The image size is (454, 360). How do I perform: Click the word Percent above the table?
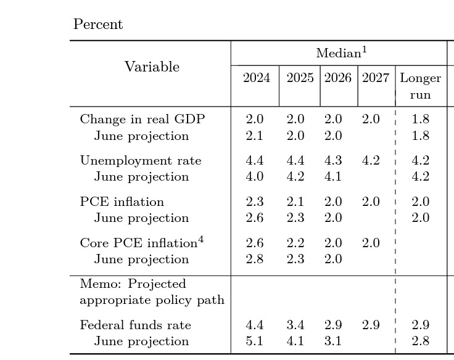[x=98, y=25]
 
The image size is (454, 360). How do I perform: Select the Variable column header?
[x=152, y=67]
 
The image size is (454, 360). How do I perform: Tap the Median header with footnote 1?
[x=341, y=53]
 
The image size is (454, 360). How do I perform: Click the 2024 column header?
[x=256, y=78]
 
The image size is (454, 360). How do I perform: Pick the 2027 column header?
[x=375, y=78]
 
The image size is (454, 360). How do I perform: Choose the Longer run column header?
[x=420, y=86]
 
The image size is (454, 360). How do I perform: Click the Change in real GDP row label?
[x=142, y=119]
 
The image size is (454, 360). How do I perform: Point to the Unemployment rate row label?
[x=141, y=160]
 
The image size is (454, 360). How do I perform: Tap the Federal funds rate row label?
[x=135, y=325]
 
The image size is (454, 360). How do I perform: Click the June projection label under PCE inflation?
[x=141, y=218]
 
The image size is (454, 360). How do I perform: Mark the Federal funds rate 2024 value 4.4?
[x=255, y=325]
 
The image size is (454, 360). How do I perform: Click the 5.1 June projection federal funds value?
[x=255, y=341]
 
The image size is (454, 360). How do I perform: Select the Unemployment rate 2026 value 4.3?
[x=333, y=160]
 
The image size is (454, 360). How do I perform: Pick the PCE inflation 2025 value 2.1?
[x=295, y=202]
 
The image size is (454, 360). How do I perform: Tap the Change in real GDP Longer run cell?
[x=420, y=119]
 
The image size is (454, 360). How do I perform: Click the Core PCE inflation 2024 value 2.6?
[x=255, y=243]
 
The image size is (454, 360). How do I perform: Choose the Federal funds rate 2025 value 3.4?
[x=295, y=325]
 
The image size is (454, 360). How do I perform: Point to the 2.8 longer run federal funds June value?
[x=420, y=341]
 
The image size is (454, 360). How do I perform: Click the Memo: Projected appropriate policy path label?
[x=152, y=292]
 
